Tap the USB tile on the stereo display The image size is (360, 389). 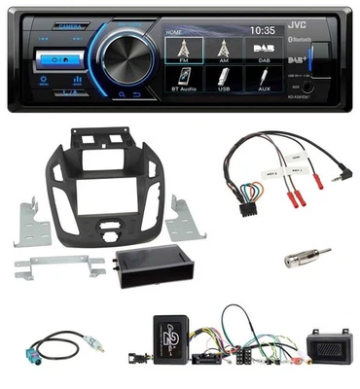click(x=225, y=84)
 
